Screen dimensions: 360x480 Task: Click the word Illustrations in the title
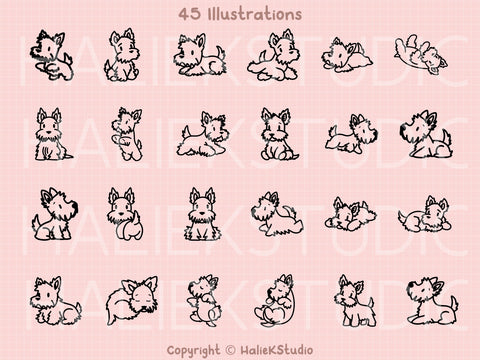click(x=247, y=16)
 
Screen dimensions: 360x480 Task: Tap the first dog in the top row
click(x=51, y=54)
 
